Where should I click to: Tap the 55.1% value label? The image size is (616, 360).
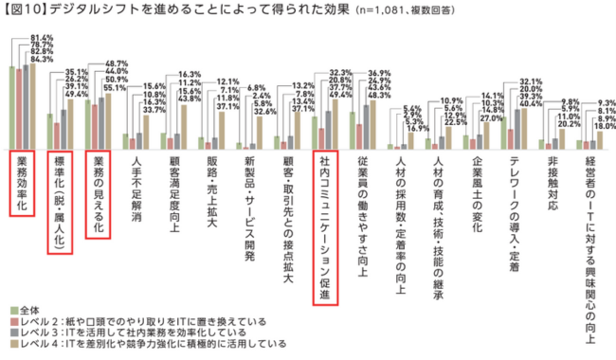116,87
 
